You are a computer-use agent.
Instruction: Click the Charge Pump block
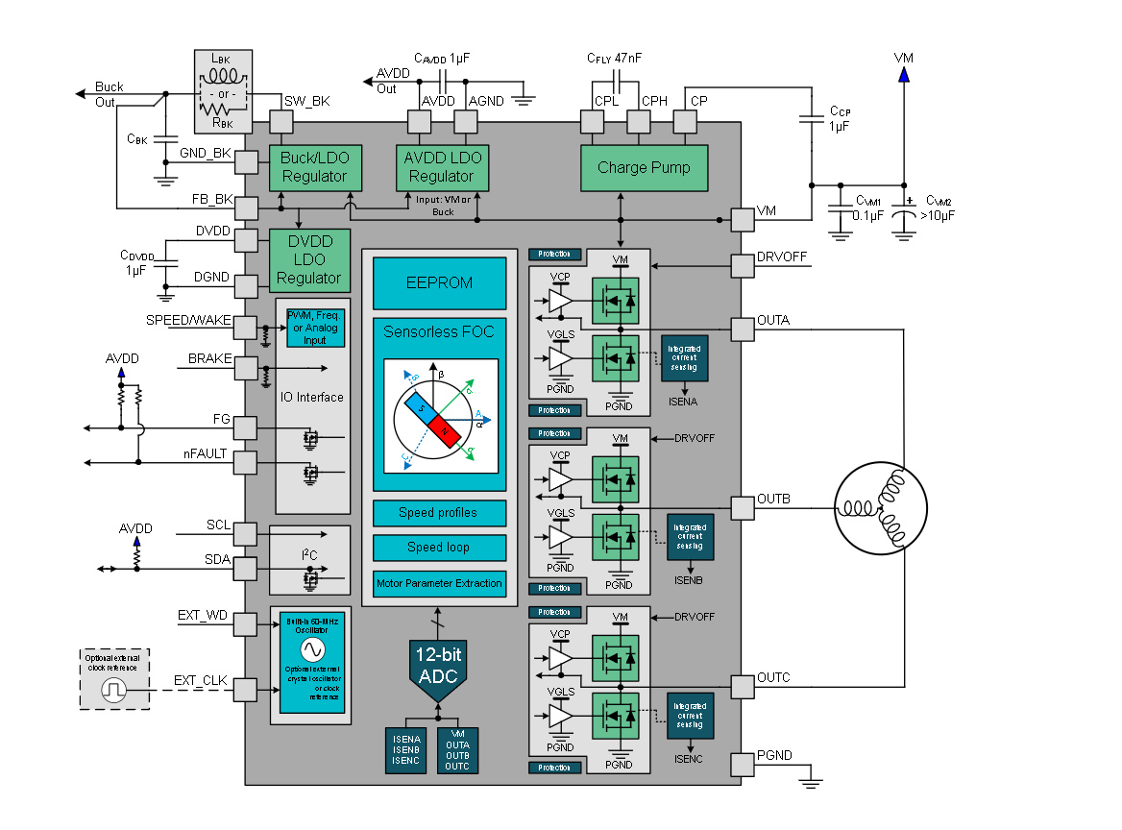644,168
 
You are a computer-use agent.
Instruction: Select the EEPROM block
439,282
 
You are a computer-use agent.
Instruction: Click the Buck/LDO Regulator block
314,168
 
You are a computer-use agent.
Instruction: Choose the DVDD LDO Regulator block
308,258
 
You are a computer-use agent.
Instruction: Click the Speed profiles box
439,512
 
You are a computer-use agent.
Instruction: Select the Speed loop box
439,548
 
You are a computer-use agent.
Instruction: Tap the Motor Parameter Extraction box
439,583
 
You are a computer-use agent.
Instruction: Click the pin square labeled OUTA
743,329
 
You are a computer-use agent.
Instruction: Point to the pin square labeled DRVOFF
743,266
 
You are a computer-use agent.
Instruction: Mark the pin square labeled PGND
743,764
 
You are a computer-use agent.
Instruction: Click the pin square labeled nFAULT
245,462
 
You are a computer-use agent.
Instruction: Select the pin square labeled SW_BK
280,122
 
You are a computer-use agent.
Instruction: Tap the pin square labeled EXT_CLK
245,690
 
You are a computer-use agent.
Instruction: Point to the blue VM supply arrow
904,73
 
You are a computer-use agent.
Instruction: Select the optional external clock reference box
115,678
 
